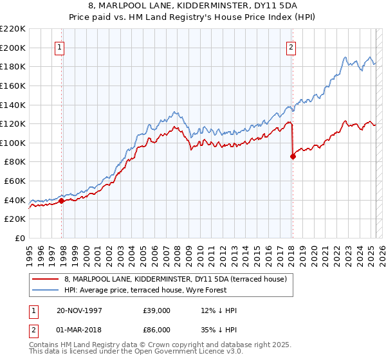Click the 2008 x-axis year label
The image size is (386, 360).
pos(178,251)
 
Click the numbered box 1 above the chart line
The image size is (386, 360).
pos(59,47)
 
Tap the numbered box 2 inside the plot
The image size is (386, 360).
pos(291,47)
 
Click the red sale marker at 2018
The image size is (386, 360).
pos(293,156)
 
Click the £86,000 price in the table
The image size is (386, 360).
pos(157,330)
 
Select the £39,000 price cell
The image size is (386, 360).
pos(157,310)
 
